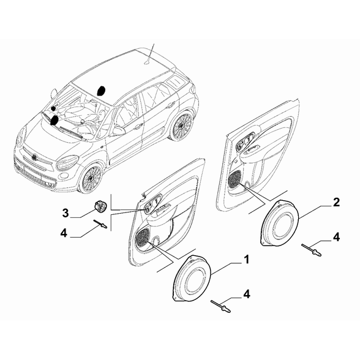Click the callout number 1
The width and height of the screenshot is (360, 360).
pyautogui.click(x=246, y=260)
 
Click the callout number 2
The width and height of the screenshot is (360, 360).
pyautogui.click(x=336, y=203)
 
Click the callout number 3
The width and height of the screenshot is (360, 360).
pyautogui.click(x=66, y=213)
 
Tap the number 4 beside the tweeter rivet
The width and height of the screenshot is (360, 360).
pyautogui.click(x=64, y=233)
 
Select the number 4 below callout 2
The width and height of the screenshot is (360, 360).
pyautogui.click(x=336, y=237)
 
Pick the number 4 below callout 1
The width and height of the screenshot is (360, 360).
pyautogui.click(x=246, y=294)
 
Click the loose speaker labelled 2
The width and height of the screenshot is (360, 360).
pyautogui.click(x=280, y=223)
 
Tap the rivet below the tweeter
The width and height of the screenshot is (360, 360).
pyautogui.click(x=100, y=224)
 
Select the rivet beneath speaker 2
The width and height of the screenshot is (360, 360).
pyautogui.click(x=311, y=250)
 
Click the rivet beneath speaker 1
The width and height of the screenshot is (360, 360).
pyautogui.click(x=220, y=307)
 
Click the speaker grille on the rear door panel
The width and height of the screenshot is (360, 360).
pyautogui.click(x=234, y=180)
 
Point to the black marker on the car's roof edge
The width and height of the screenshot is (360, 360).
pyautogui.click(x=101, y=91)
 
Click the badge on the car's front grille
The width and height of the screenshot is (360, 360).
pyautogui.click(x=35, y=157)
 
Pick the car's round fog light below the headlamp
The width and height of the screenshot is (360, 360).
pyautogui.click(x=64, y=176)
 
